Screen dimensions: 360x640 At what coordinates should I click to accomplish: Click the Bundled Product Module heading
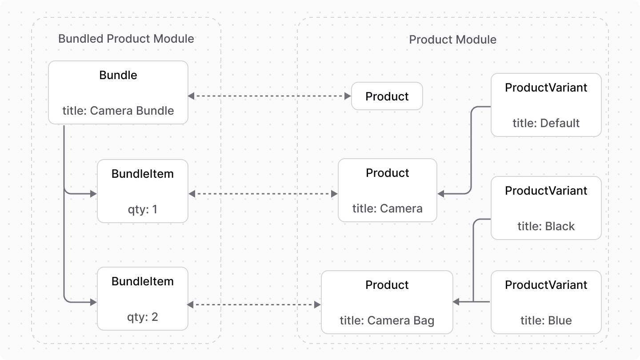click(126, 39)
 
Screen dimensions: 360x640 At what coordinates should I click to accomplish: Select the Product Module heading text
click(452, 40)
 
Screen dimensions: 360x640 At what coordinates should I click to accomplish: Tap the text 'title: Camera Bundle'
click(118, 111)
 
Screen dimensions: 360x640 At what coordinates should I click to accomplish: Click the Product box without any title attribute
click(387, 96)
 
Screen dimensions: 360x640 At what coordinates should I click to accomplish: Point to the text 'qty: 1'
click(142, 209)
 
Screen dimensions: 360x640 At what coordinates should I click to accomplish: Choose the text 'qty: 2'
click(142, 317)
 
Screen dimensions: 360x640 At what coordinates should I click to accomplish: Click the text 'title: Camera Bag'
click(387, 320)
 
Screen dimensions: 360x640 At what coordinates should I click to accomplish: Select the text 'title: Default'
click(546, 123)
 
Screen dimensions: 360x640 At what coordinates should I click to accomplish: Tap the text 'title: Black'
click(546, 226)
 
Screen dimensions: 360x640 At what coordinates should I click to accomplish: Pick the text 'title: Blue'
click(546, 320)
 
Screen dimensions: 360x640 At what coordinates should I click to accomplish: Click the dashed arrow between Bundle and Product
click(269, 96)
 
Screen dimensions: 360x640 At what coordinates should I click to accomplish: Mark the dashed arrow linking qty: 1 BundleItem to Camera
click(263, 194)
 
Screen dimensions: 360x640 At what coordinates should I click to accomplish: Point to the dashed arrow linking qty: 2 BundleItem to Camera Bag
click(254, 304)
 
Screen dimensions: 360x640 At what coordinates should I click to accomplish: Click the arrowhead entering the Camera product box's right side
click(441, 194)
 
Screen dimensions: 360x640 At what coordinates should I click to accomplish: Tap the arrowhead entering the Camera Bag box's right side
click(456, 302)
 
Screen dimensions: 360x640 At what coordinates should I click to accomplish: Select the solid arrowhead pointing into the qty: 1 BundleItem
click(93, 194)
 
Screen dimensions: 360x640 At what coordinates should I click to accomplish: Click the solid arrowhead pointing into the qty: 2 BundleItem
click(93, 302)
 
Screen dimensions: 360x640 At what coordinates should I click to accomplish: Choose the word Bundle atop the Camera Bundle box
click(118, 75)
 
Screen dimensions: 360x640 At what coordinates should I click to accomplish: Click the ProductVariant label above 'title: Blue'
click(546, 285)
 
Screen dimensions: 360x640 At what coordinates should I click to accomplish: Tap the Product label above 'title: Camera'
click(387, 173)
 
